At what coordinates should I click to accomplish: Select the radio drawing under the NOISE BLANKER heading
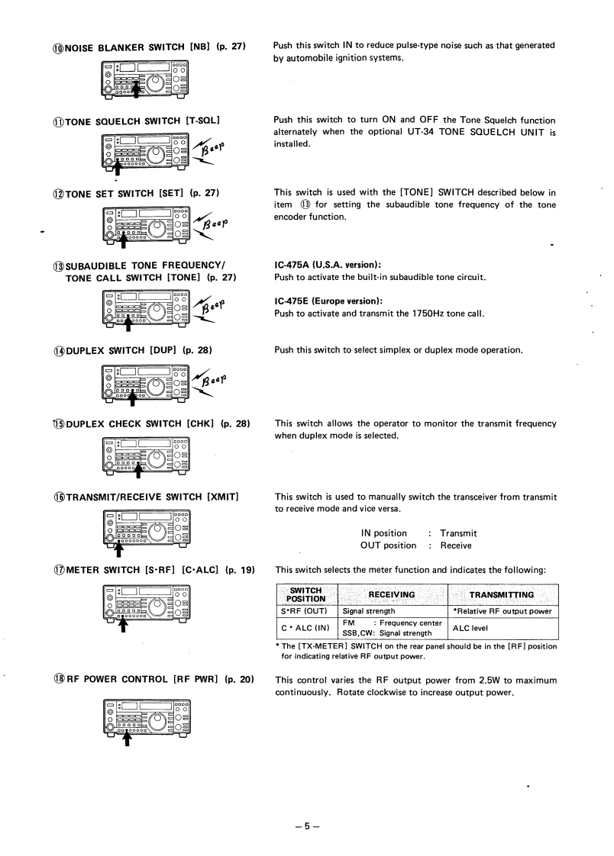tap(144, 77)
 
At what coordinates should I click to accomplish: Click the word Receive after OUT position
tap(456, 545)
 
